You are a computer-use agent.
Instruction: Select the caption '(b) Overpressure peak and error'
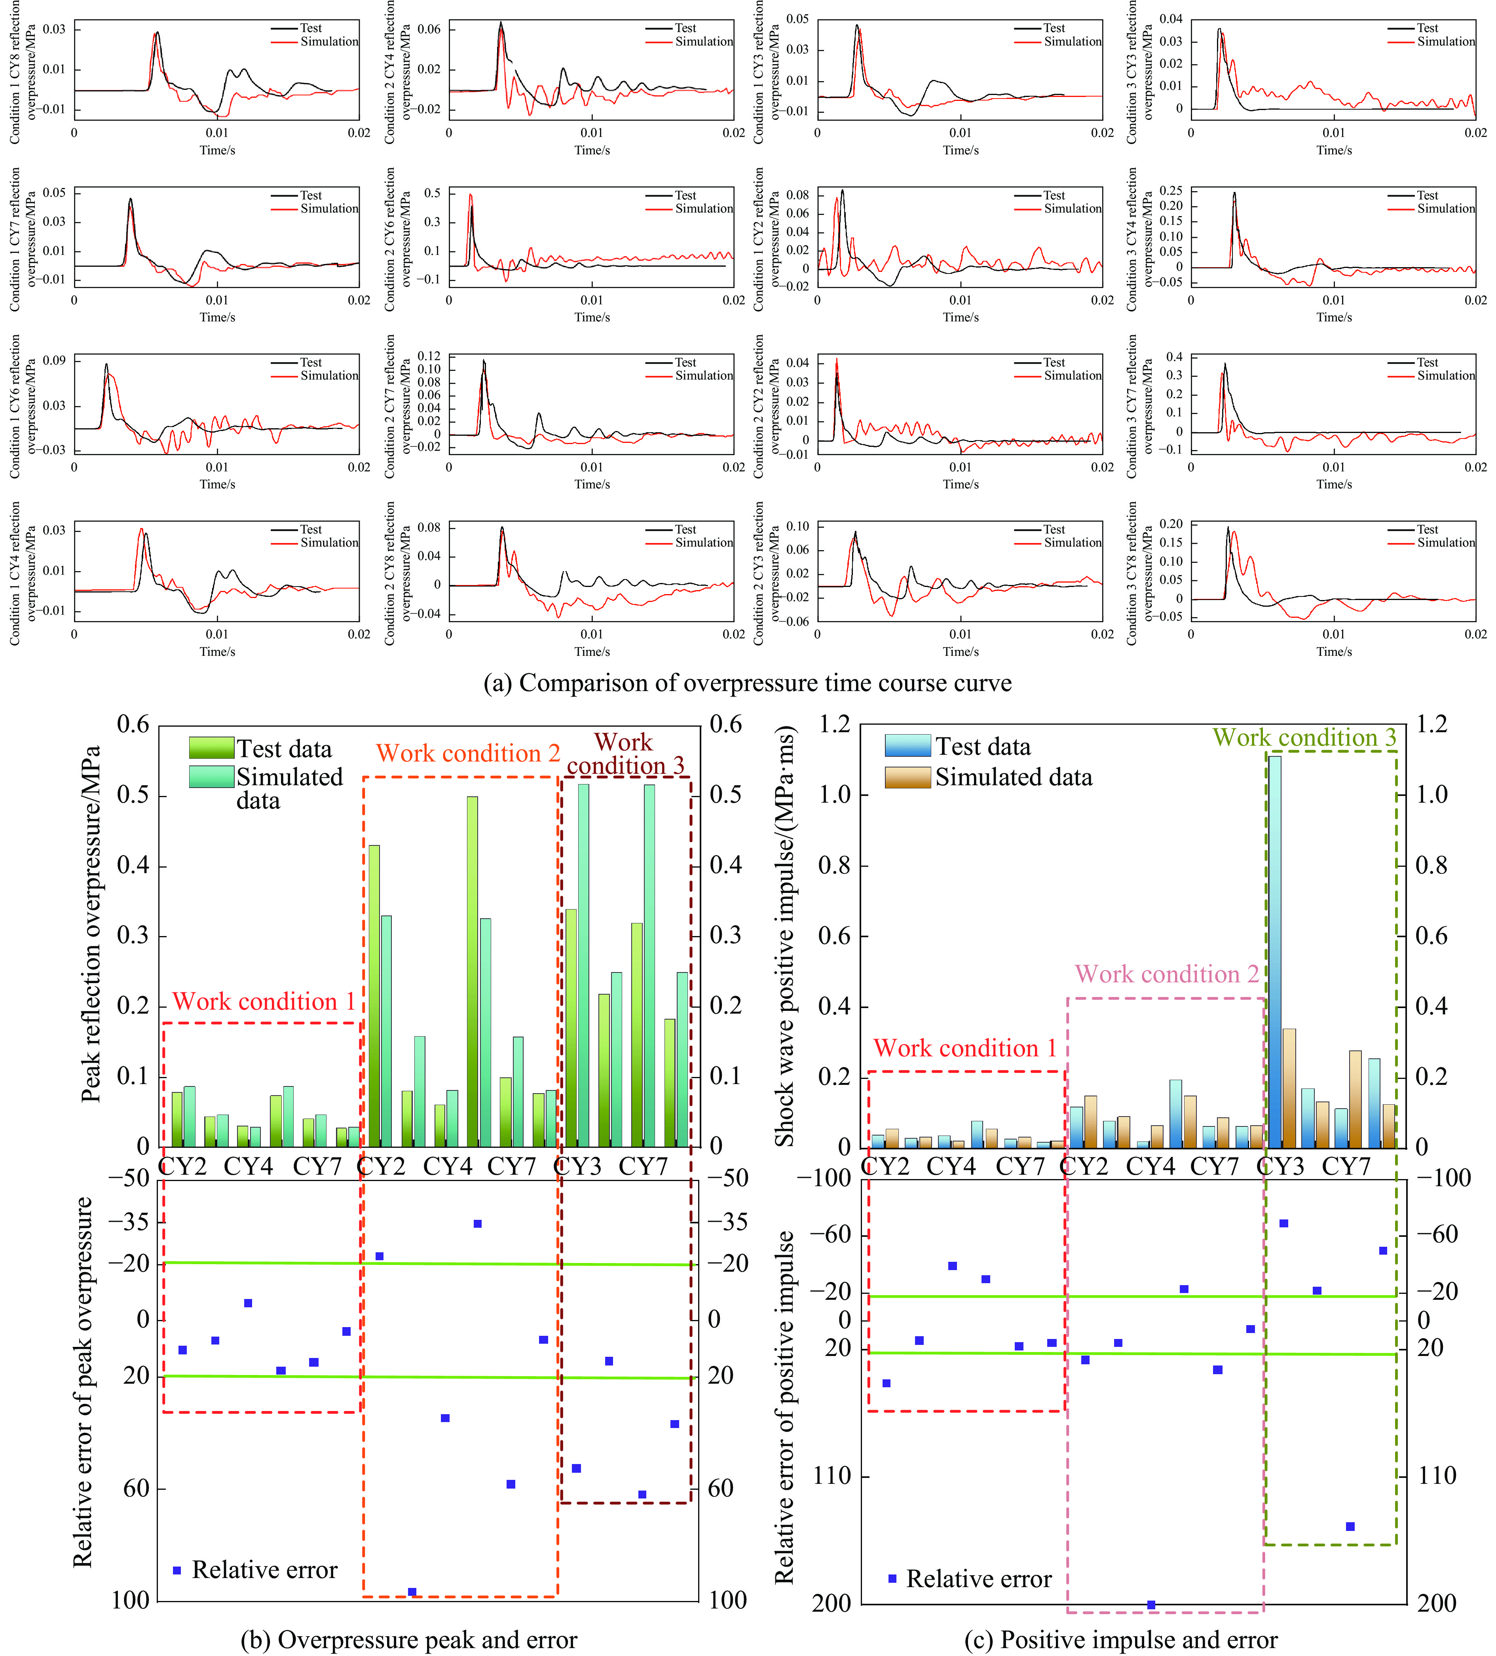tap(408, 1639)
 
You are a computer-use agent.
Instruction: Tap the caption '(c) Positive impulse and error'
tap(1120, 1639)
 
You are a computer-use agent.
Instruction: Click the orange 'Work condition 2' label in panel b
tap(467, 753)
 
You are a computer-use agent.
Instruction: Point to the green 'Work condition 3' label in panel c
tap(1304, 738)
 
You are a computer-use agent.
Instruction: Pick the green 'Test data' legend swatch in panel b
tap(211, 748)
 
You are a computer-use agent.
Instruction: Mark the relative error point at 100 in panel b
tap(412, 1592)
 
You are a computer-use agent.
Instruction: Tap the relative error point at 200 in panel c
tap(1151, 1604)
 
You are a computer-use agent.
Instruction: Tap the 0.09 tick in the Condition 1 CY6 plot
tap(54, 361)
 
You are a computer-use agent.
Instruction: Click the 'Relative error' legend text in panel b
tap(264, 1570)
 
